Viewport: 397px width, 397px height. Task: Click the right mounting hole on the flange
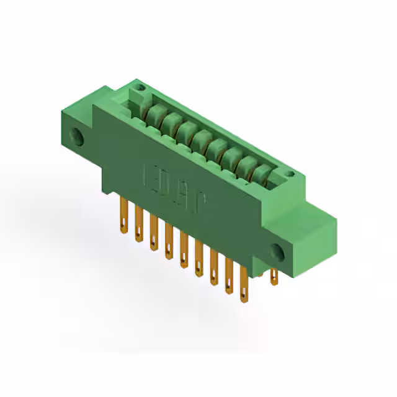click(x=277, y=251)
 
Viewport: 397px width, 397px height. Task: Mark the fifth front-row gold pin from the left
click(x=184, y=251)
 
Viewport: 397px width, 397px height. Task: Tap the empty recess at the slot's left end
click(x=136, y=99)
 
